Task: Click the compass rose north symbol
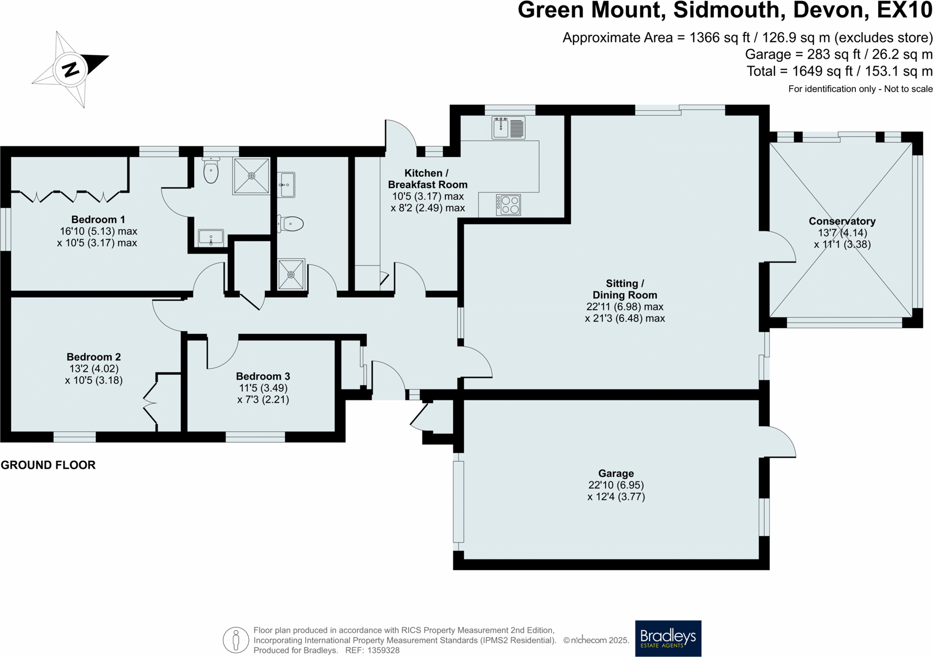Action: [x=71, y=69]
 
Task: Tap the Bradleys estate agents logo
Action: [x=668, y=638]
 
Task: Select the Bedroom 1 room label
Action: [x=98, y=220]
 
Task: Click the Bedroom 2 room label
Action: [x=94, y=357]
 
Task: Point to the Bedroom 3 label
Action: [x=263, y=377]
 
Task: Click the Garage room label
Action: [x=616, y=474]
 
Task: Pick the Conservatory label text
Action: [x=842, y=221]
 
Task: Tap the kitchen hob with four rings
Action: [x=508, y=205]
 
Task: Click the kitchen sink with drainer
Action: [x=508, y=127]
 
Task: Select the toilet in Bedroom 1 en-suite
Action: [x=211, y=171]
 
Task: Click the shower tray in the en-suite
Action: [x=251, y=176]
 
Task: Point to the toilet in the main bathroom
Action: [x=291, y=223]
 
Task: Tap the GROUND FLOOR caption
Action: [x=48, y=465]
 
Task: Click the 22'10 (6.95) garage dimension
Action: [x=616, y=485]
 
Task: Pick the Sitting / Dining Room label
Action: [x=625, y=289]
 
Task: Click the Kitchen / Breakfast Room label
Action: [x=427, y=179]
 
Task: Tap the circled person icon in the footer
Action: [x=236, y=640]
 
